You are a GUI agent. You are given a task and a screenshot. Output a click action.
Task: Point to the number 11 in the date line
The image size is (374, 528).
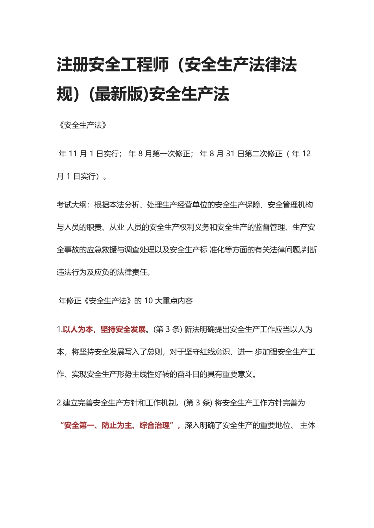tap(73, 154)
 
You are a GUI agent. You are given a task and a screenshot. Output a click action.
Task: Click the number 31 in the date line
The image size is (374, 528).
tap(230, 154)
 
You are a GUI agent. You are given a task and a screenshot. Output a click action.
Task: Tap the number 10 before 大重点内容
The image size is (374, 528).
tap(148, 301)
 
